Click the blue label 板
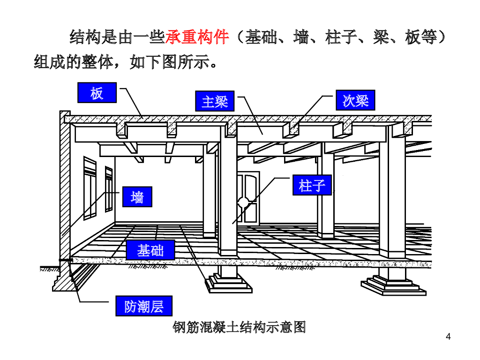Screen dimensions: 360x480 click(x=97, y=93)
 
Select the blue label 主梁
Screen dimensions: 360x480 click(x=215, y=101)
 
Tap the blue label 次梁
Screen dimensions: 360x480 click(x=355, y=100)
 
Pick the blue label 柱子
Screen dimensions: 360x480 click(x=312, y=185)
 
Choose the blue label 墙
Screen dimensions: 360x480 click(x=137, y=197)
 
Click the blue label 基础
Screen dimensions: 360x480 click(x=150, y=250)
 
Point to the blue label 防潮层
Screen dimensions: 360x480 click(x=144, y=306)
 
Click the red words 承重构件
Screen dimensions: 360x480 click(x=197, y=37)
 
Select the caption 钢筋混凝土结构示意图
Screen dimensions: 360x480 click(x=240, y=327)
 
